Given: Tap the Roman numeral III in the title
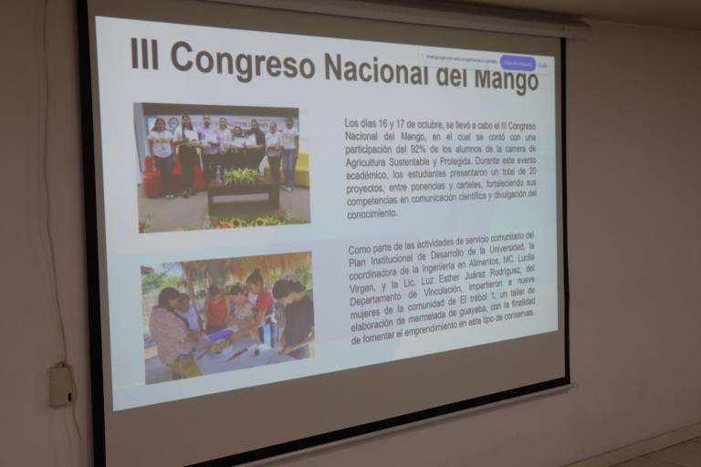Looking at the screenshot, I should [x=144, y=54].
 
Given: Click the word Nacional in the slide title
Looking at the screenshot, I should [x=379, y=69].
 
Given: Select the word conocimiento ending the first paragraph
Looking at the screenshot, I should [x=371, y=213].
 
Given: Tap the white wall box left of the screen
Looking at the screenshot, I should [x=61, y=385].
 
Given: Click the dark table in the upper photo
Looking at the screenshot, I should [x=243, y=196].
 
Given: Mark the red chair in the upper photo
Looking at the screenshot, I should [x=152, y=177].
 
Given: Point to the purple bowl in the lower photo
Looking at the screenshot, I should [x=221, y=334].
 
